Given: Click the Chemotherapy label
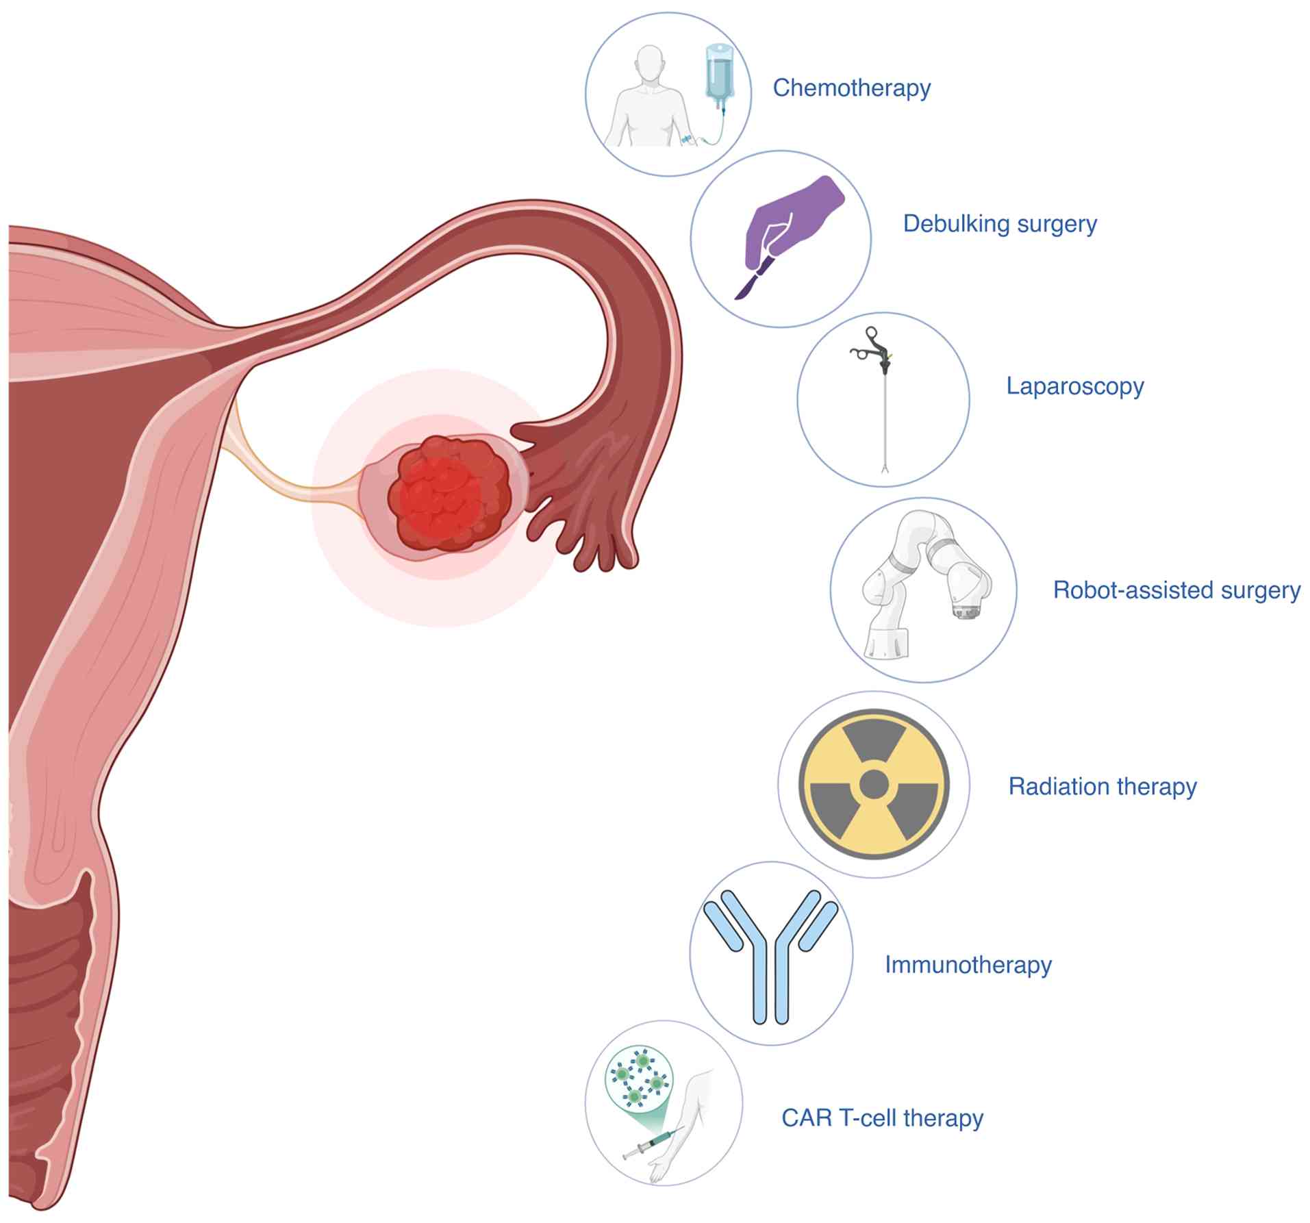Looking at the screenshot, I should pyautogui.click(x=851, y=88).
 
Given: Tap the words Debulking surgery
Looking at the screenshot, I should pyautogui.click(x=999, y=224).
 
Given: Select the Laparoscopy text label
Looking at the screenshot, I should pyautogui.click(x=1074, y=386).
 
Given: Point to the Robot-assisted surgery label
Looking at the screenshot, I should pyautogui.click(x=1176, y=590).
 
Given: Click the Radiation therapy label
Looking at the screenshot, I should pyautogui.click(x=1102, y=786).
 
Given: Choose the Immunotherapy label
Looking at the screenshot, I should pyautogui.click(x=968, y=964).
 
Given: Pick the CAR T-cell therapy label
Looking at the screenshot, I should pyautogui.click(x=882, y=1118).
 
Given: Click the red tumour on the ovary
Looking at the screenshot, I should pyautogui.click(x=449, y=494).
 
